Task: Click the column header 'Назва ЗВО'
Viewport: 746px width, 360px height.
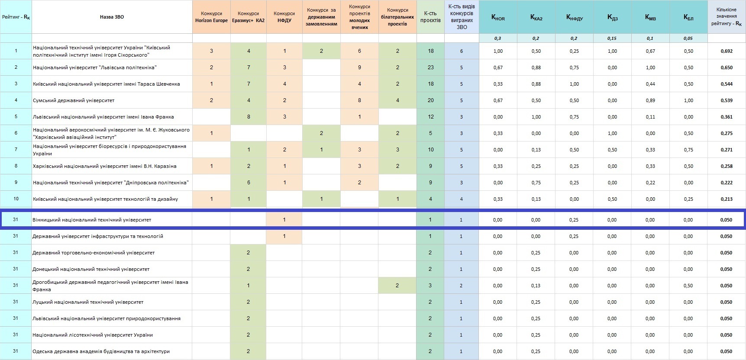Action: point(112,17)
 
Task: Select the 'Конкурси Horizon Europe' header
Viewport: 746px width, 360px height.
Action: point(211,17)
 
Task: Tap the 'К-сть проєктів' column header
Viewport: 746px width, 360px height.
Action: point(430,17)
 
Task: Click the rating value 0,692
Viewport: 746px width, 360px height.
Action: point(727,51)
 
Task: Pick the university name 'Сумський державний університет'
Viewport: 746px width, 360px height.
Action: point(74,100)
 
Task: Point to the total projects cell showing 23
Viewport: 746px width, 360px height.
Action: point(430,67)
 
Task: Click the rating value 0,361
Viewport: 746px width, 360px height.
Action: point(727,117)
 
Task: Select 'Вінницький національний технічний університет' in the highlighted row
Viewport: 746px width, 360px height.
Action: point(92,220)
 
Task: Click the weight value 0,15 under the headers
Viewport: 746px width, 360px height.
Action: point(612,39)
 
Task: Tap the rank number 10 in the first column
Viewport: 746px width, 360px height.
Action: point(16,199)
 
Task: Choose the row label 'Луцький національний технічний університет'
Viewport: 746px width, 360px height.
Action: point(88,302)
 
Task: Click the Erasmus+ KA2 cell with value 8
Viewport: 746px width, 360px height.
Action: point(249,117)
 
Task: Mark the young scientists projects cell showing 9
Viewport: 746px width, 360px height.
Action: point(359,67)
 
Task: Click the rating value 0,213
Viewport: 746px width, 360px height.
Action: point(727,199)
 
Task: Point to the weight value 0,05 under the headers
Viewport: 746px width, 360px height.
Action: point(688,39)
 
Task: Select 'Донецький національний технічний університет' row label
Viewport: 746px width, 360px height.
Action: point(91,269)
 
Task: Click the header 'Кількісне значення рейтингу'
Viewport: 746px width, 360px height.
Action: point(727,16)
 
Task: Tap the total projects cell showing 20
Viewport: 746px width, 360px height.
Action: point(430,100)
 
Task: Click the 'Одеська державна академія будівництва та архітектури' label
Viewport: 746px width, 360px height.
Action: point(101,351)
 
